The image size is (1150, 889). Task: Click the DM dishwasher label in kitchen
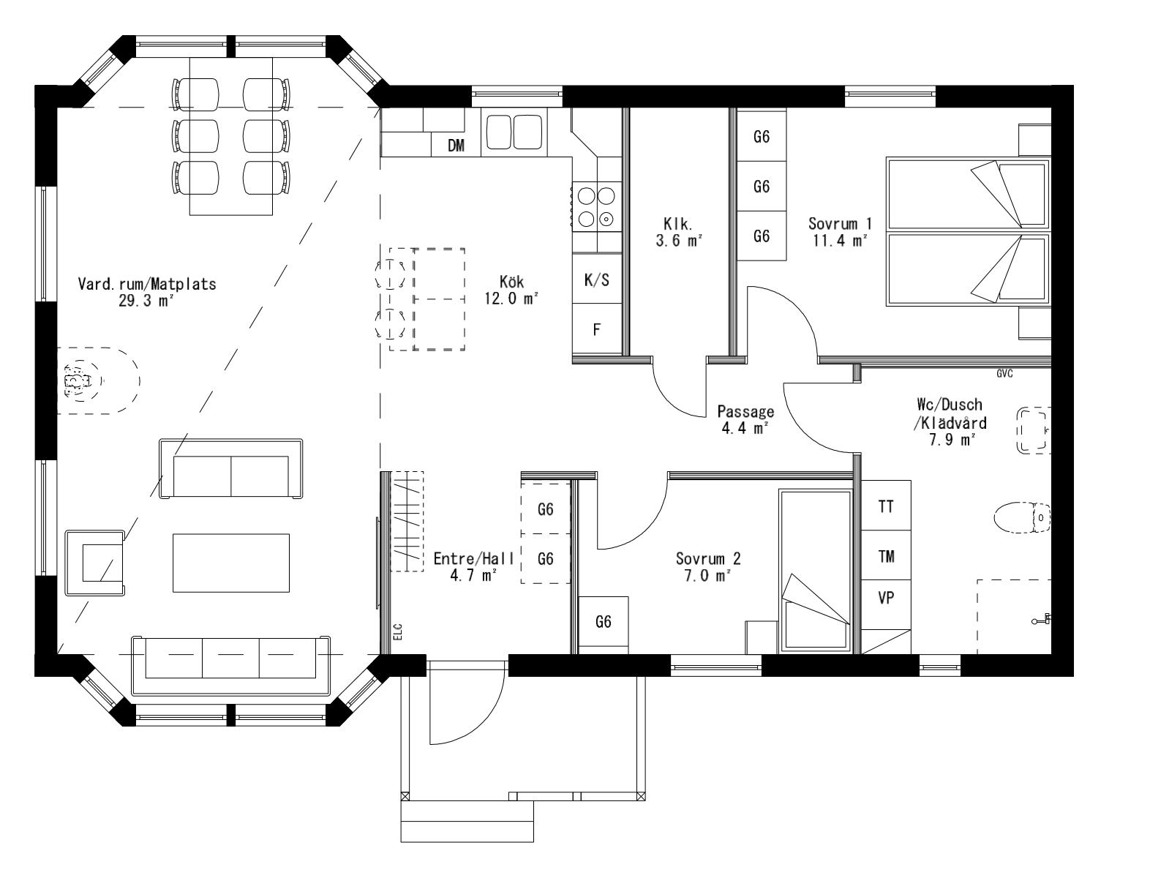456,146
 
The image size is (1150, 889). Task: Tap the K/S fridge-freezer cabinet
596,279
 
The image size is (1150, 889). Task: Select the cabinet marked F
596,329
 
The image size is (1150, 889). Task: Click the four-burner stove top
596,206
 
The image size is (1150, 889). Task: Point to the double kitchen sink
512,132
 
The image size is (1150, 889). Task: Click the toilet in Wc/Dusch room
1023,518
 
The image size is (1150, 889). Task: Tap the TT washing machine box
886,506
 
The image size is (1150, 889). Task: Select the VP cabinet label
886,597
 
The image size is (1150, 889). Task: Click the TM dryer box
886,557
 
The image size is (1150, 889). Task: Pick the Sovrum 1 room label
840,223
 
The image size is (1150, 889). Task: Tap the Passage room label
745,411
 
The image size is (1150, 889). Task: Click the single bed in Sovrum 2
815,571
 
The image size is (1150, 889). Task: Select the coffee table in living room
231,562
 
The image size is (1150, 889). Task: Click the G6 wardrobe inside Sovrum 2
603,622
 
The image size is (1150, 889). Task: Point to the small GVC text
1004,374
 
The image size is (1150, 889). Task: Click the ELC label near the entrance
398,631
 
